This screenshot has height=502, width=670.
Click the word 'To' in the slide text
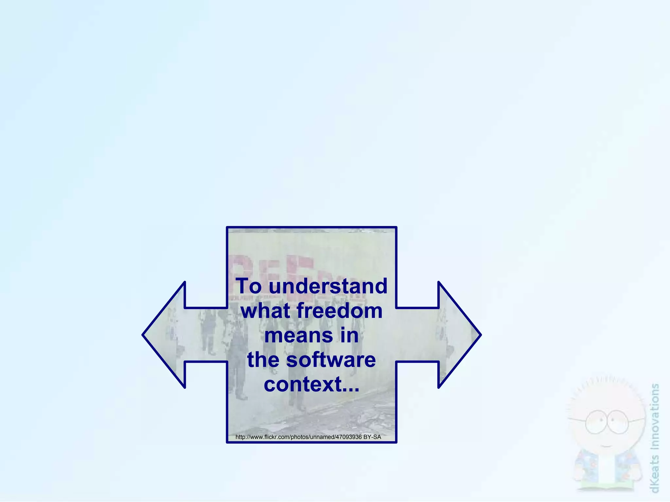(x=249, y=286)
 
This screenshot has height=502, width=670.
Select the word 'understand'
(x=328, y=286)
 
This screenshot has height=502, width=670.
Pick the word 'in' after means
(x=349, y=336)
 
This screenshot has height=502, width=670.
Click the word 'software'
(x=331, y=360)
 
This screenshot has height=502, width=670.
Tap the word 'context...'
(x=311, y=385)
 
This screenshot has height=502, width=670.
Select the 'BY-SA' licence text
(x=372, y=437)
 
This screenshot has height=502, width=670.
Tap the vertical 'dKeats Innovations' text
(x=655, y=438)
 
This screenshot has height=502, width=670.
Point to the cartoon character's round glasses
(x=607, y=422)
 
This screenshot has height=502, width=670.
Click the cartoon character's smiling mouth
(x=606, y=446)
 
